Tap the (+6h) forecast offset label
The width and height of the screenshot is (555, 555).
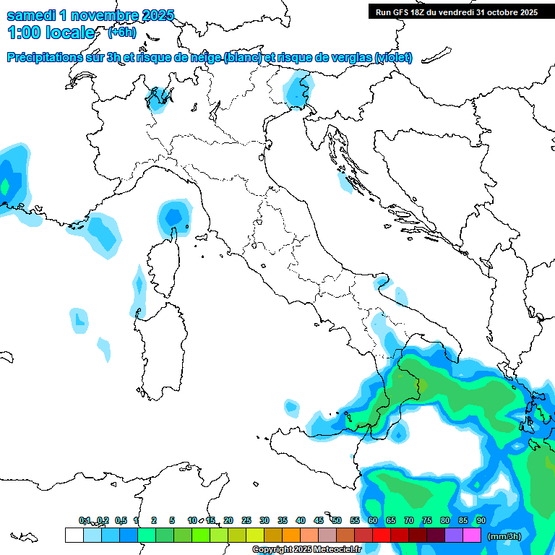tap(121, 33)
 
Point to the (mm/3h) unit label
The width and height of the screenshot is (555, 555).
tap(504, 536)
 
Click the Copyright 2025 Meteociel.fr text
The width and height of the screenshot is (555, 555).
tap(306, 550)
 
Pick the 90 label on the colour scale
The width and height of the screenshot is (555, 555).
tap(481, 520)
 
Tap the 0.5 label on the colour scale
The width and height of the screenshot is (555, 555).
tap(121, 520)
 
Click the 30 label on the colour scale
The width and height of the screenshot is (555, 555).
tap(264, 520)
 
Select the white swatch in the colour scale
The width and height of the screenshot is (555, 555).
tap(74, 535)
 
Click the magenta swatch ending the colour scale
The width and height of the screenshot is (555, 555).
tap(472, 535)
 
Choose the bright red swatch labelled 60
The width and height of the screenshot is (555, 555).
tap(381, 535)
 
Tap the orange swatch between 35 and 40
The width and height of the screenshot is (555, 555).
tap(291, 535)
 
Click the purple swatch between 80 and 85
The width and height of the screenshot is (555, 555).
tap(454, 535)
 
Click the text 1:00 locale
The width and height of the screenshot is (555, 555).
tap(51, 33)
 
